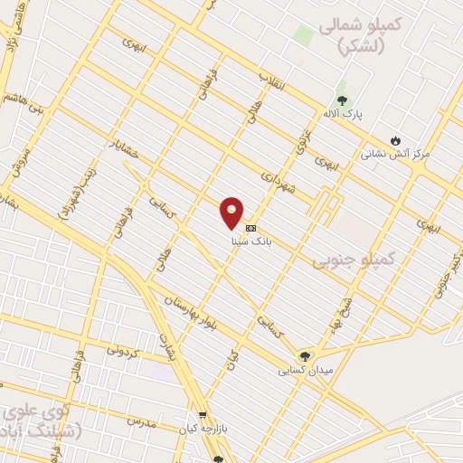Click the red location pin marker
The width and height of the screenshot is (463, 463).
point(232,212)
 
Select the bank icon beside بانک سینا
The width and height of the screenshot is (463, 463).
point(250,229)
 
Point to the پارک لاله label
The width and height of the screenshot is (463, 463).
point(342,117)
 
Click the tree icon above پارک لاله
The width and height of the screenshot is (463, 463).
point(342,100)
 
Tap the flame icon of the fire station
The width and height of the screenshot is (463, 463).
point(395,139)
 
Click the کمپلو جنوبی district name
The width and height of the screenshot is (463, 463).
point(354,260)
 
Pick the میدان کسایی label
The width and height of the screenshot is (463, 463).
point(303,371)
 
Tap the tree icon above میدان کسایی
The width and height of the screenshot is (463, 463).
point(305,355)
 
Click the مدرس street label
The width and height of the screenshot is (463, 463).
point(142,421)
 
